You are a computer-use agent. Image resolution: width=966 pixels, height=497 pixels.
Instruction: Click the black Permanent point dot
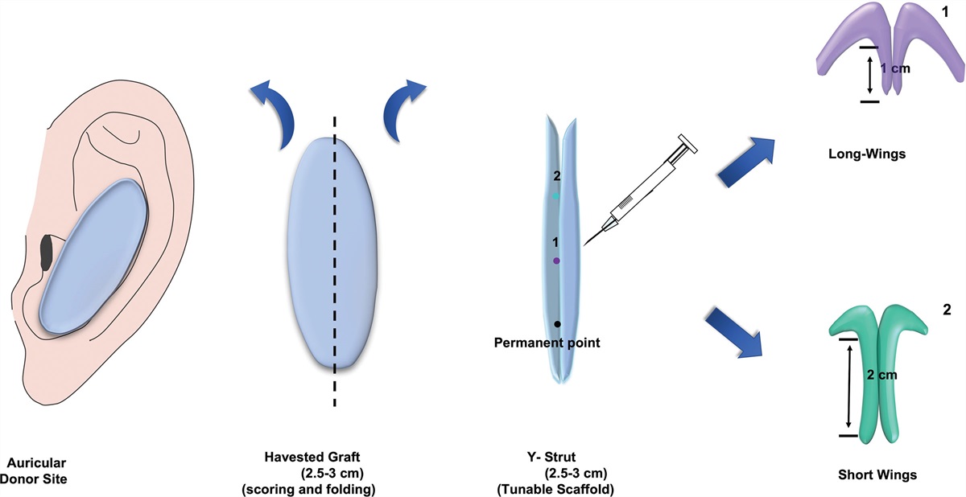557,323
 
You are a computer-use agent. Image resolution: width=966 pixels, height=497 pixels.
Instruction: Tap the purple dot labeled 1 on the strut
556,261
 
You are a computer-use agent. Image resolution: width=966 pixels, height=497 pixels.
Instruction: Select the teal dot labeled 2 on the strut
555,196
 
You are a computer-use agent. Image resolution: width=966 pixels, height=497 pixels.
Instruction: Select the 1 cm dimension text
894,69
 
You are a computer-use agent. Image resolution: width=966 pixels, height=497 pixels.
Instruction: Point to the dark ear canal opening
47,253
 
